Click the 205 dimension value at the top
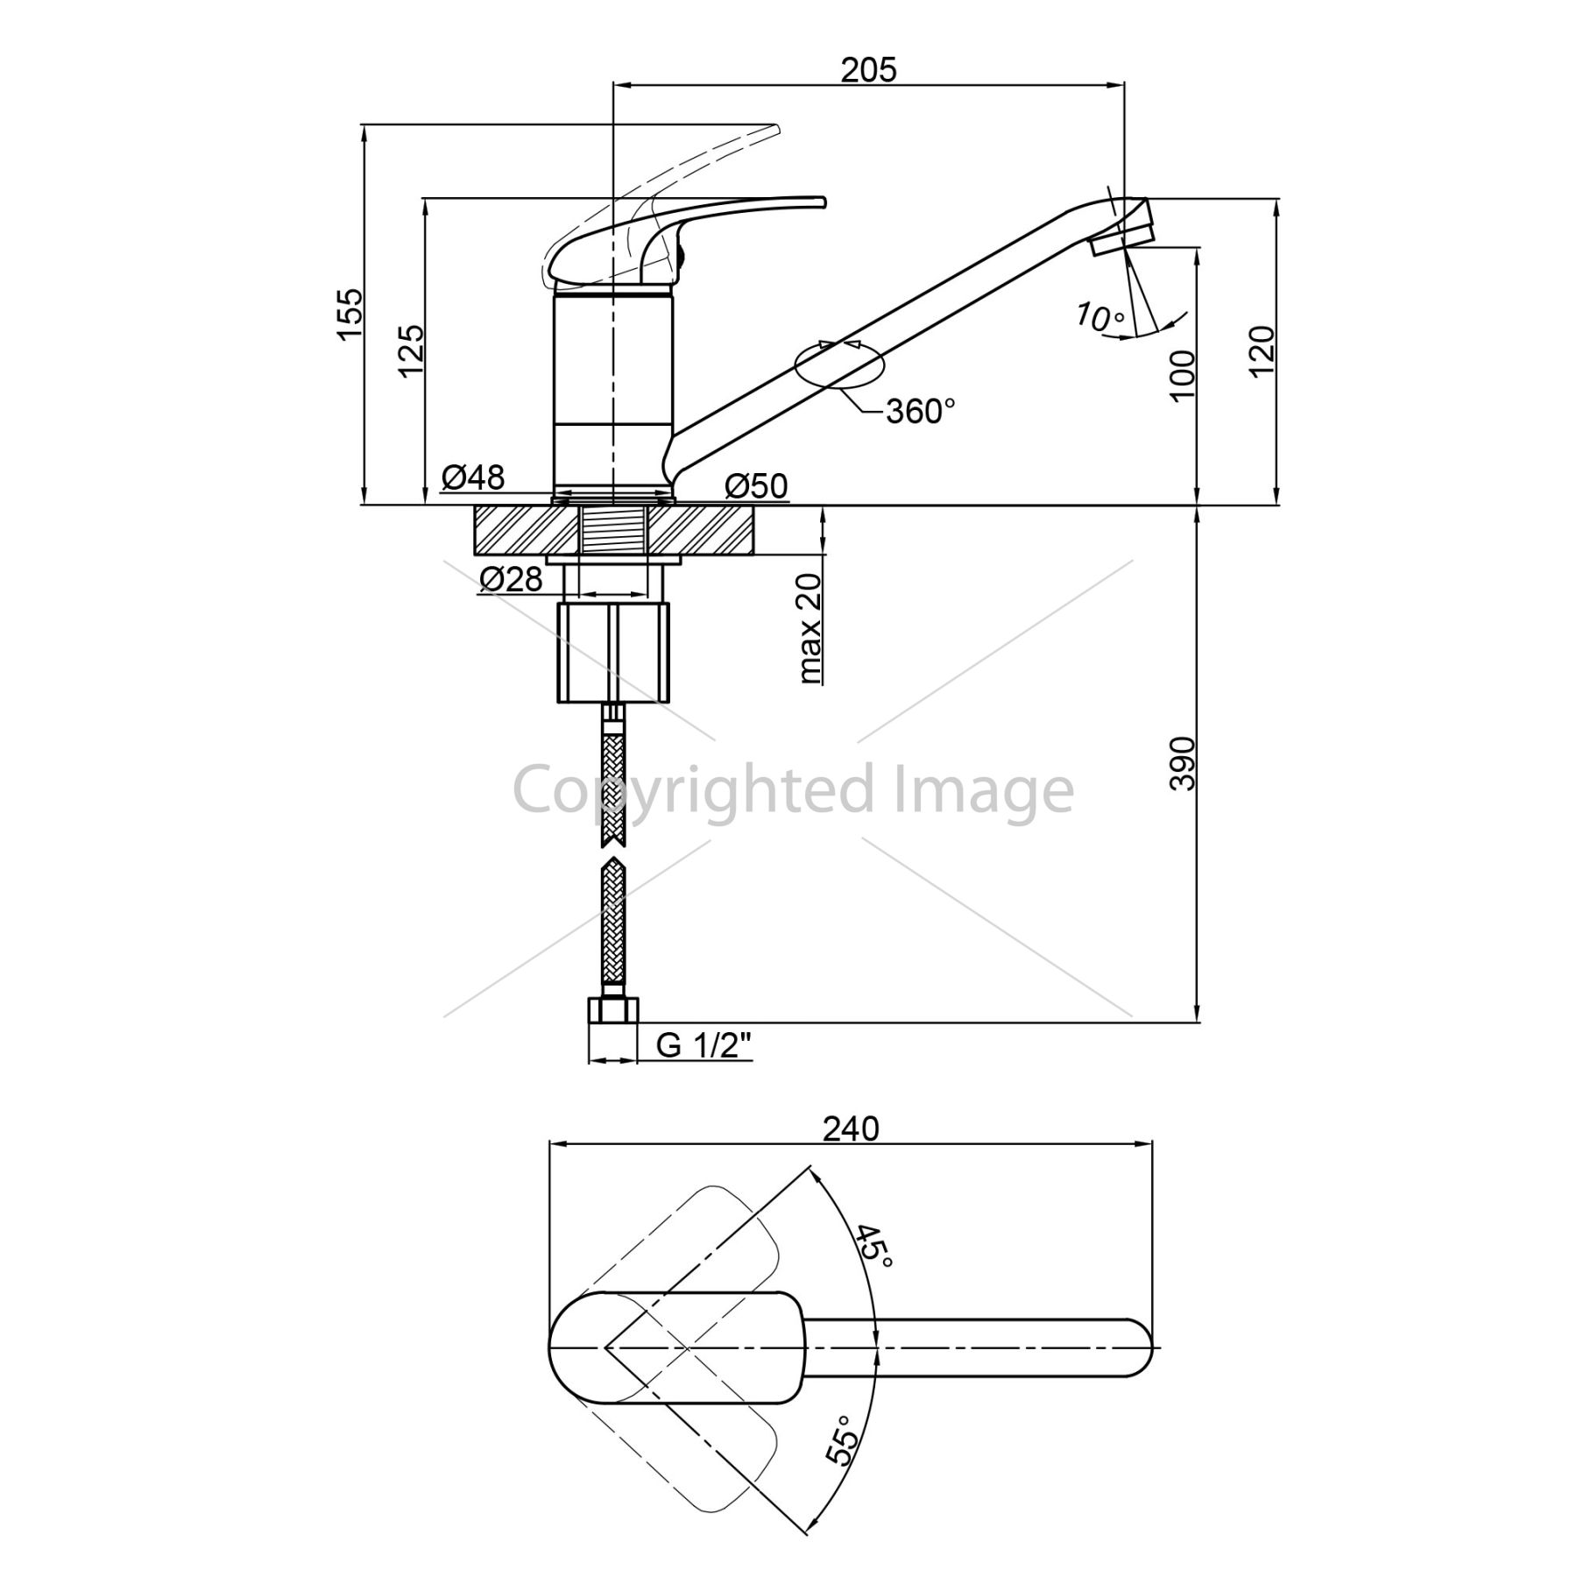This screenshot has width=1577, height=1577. coord(869,69)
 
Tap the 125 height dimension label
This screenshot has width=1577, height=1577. coord(411,350)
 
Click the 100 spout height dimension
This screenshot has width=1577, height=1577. coord(1182,375)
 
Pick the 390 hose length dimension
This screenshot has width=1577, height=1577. coord(1182,763)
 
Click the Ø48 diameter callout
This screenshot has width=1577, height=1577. coord(473,477)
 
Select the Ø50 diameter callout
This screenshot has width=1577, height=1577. coord(757,485)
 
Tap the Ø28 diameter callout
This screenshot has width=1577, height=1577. coord(512,578)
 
